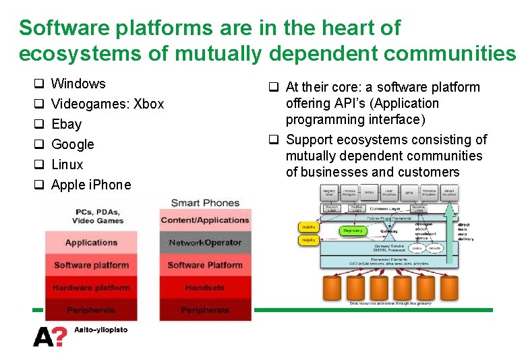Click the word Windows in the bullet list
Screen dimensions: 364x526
click(x=78, y=84)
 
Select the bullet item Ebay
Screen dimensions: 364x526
click(x=66, y=124)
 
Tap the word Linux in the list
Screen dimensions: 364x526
click(x=67, y=164)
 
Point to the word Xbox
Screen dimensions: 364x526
click(x=149, y=104)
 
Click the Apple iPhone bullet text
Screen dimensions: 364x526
click(x=91, y=185)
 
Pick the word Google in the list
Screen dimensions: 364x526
click(x=73, y=144)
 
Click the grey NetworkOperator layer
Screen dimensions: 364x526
click(x=205, y=243)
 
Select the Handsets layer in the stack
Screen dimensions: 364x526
click(x=205, y=288)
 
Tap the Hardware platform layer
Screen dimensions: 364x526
click(x=91, y=288)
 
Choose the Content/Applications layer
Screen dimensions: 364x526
click(x=205, y=220)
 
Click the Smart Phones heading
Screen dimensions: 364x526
click(x=205, y=203)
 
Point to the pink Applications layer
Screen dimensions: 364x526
click(x=91, y=243)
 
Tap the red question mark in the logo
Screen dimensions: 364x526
click(x=61, y=336)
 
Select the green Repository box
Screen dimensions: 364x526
click(x=353, y=231)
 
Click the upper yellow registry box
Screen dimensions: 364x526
click(x=309, y=228)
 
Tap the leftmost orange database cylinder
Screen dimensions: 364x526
click(x=333, y=288)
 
